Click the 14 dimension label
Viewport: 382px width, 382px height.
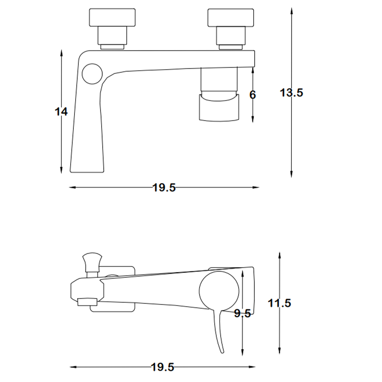(61, 112)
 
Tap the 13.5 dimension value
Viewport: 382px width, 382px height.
(291, 93)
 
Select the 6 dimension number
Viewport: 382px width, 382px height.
(253, 95)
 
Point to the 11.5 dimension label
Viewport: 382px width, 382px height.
(280, 303)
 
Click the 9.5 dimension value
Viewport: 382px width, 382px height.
(243, 313)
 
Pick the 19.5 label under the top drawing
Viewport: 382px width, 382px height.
(164, 188)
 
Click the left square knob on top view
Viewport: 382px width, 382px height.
(112, 18)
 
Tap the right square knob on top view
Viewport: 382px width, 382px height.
(231, 18)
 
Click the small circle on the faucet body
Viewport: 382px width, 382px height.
(92, 74)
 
